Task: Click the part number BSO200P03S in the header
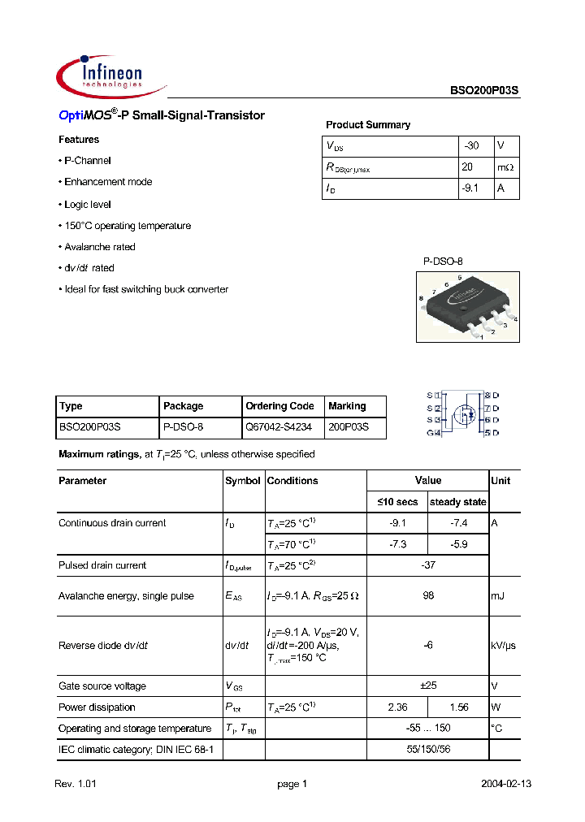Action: [484, 93]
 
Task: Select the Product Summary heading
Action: [367, 125]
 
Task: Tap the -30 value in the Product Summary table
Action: [471, 146]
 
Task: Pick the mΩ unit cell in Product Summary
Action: [506, 167]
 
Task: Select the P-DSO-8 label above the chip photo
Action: [443, 262]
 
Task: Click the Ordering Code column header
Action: [279, 406]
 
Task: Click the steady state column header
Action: [457, 502]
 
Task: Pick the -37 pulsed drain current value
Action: [427, 565]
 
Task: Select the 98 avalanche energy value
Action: [427, 596]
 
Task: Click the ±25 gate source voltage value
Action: [427, 686]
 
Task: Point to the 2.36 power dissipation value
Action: [397, 707]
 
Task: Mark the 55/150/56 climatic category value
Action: [427, 750]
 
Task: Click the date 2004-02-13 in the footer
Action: [507, 784]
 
